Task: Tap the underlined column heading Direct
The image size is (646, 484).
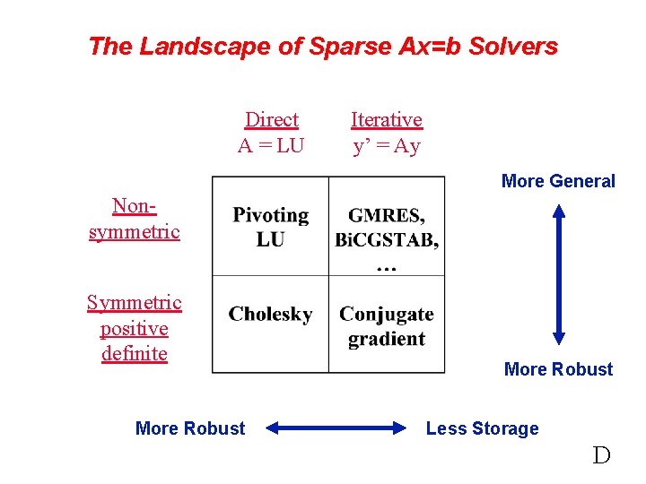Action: [271, 119]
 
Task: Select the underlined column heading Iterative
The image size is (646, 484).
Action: [386, 119]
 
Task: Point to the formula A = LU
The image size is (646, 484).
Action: [271, 145]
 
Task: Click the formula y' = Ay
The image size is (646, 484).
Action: [386, 145]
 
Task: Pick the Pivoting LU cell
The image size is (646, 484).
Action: [270, 227]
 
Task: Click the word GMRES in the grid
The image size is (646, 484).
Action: [386, 216]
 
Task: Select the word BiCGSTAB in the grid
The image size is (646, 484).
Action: [386, 239]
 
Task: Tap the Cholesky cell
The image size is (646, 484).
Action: [270, 314]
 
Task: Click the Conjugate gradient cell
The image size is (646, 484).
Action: [386, 326]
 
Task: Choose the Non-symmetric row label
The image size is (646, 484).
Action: [135, 219]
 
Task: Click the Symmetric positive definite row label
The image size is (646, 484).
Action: [135, 328]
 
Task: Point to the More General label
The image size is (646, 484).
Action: [558, 181]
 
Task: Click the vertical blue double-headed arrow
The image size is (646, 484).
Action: [559, 274]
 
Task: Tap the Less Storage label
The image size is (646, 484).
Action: [482, 428]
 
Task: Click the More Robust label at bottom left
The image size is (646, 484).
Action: [189, 428]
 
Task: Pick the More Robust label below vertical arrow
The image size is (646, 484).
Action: [558, 369]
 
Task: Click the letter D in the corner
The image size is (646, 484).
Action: [601, 455]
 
